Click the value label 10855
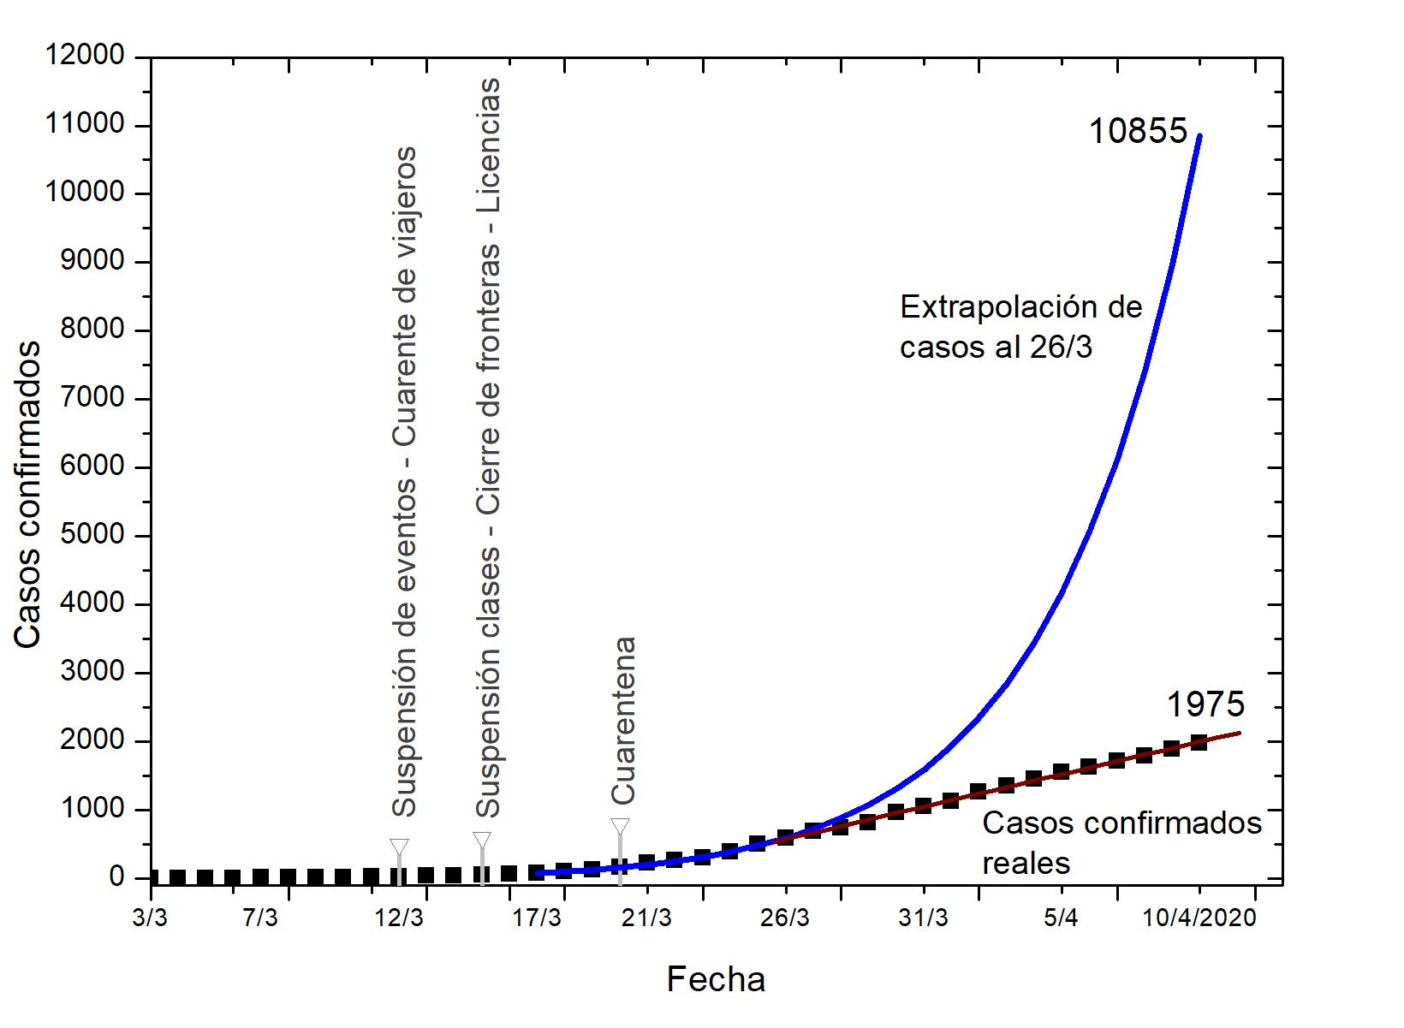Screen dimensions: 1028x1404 point(1138,132)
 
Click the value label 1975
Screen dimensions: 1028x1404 point(1205,704)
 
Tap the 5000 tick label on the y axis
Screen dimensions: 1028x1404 point(92,536)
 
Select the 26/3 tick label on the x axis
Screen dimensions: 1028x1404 point(784,918)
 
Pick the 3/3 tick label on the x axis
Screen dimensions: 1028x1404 point(151,918)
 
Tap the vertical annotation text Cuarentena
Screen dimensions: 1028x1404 point(623,720)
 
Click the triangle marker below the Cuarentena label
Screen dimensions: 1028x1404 point(621,827)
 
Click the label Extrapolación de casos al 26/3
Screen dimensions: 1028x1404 point(1020,327)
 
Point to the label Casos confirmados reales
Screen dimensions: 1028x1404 point(1121,842)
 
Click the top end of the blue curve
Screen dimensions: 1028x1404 point(1200,135)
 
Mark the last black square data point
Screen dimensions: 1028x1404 point(1199,742)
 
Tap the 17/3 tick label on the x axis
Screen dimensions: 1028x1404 point(537,918)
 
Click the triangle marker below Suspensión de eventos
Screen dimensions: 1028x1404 point(399,847)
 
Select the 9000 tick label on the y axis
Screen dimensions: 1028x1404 point(92,262)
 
